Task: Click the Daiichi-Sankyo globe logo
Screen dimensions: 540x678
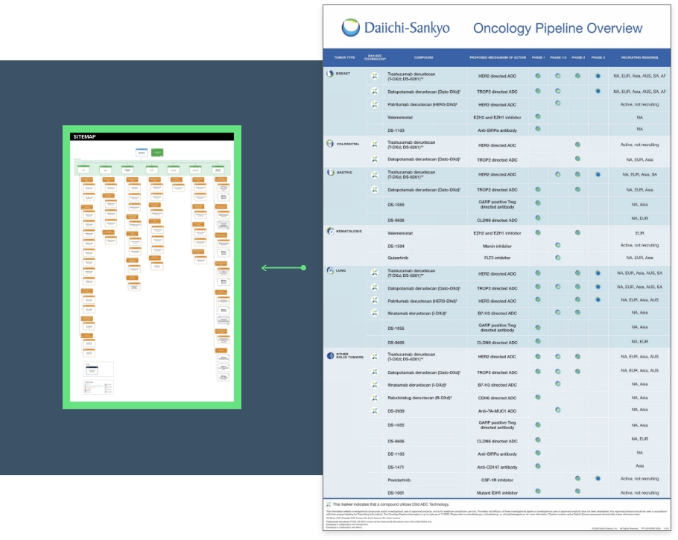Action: pyautogui.click(x=350, y=28)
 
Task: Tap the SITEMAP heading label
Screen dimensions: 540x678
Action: pyautogui.click(x=84, y=137)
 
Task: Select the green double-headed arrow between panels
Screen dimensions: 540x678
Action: pyautogui.click(x=283, y=268)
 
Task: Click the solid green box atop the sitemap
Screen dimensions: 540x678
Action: pyautogui.click(x=157, y=153)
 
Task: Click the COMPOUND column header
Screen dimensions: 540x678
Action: pyautogui.click(x=423, y=57)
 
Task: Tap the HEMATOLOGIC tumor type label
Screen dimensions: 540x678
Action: pyautogui.click(x=348, y=231)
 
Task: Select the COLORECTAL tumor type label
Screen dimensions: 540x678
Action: pyautogui.click(x=348, y=144)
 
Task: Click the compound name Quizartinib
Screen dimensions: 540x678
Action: pyautogui.click(x=401, y=258)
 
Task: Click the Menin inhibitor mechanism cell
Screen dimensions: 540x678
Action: pyautogui.click(x=498, y=245)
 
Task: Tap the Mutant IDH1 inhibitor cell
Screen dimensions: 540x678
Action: pyautogui.click(x=498, y=492)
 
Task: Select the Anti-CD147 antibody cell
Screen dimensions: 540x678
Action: pyautogui.click(x=498, y=466)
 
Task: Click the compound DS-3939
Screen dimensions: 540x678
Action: pyautogui.click(x=398, y=410)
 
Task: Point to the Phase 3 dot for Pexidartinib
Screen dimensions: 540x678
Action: pyautogui.click(x=598, y=479)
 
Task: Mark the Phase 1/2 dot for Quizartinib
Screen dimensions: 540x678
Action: pyautogui.click(x=557, y=258)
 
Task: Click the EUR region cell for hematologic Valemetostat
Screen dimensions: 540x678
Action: pyautogui.click(x=639, y=232)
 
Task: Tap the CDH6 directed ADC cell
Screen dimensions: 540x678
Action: pyautogui.click(x=498, y=398)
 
